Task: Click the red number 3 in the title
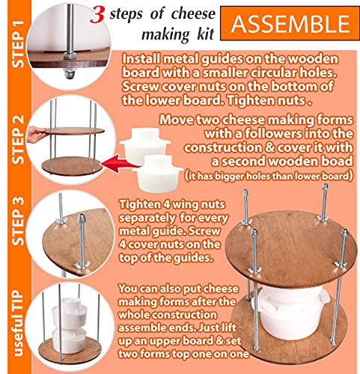97,15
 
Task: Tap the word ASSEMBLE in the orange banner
290,24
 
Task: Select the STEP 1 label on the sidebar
18,44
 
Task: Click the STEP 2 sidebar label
18,139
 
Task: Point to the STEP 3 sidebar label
18,221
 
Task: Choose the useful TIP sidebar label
18,323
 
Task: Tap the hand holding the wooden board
37,134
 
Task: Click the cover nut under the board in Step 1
69,73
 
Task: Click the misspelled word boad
337,161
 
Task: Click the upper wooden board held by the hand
75,131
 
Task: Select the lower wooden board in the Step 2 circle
72,166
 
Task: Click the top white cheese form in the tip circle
70,313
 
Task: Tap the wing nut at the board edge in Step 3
82,266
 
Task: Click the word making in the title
165,34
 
